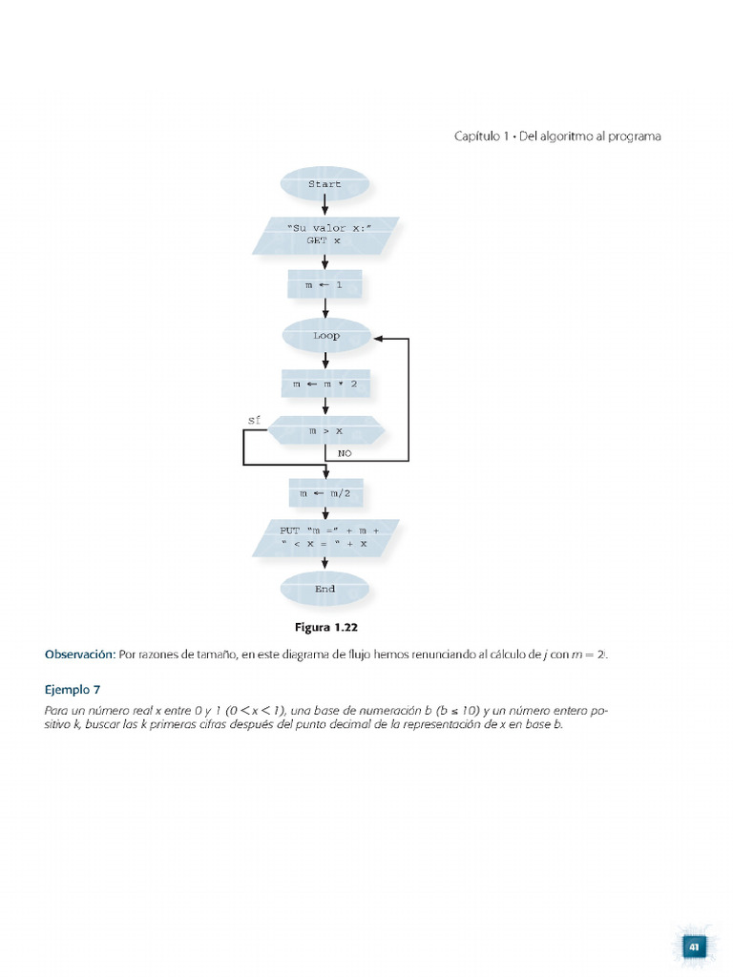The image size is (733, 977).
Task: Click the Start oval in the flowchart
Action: pos(325,184)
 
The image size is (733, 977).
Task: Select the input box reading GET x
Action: pos(325,236)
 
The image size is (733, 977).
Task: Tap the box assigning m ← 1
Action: pos(325,285)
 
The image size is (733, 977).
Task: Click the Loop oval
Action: pos(325,336)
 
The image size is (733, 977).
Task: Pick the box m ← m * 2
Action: pos(325,385)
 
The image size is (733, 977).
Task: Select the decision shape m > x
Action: pos(325,431)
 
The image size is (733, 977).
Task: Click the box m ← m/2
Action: pos(325,493)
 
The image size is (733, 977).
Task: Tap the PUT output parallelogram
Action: pos(325,537)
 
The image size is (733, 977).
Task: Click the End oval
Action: pos(325,589)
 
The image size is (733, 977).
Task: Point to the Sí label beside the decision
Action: pos(254,419)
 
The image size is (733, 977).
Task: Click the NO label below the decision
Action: pos(345,453)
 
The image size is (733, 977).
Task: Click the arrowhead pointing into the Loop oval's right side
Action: pos(379,338)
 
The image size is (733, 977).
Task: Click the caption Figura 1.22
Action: pos(325,628)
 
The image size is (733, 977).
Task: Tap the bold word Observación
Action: pos(80,654)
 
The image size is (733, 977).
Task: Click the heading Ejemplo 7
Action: pos(73,688)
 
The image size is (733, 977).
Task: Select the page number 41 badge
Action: pos(694,946)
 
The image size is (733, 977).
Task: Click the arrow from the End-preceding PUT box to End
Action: pos(325,563)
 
